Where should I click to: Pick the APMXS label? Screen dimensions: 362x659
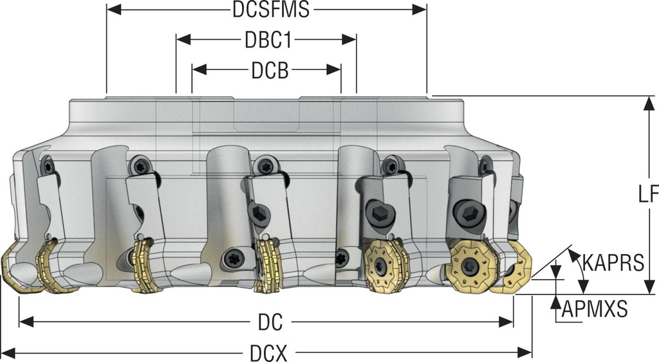(x=594, y=311)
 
